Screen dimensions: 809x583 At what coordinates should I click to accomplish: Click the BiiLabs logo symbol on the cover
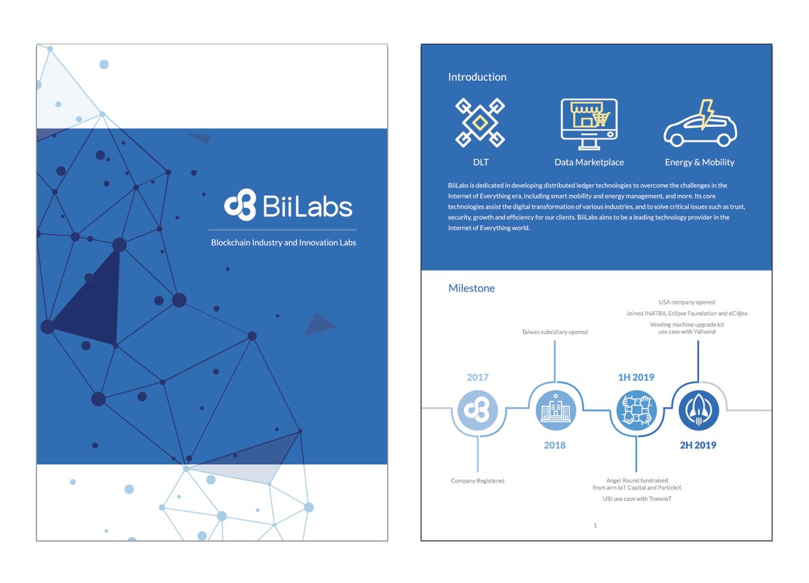(x=240, y=205)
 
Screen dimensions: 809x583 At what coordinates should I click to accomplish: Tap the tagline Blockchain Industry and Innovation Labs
(x=283, y=242)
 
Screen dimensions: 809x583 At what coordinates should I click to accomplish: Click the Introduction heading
(x=477, y=77)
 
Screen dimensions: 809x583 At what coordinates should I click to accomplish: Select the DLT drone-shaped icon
(x=480, y=123)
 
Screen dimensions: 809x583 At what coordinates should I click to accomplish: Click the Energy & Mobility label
(x=699, y=163)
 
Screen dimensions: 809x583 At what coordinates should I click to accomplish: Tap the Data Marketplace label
(x=589, y=163)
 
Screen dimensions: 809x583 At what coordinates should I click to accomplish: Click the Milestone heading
(x=471, y=288)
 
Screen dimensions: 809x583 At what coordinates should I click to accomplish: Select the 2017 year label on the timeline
(x=477, y=378)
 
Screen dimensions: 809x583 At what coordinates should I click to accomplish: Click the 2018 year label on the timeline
(x=554, y=445)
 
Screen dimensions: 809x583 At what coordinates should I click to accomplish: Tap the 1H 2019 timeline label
(x=636, y=378)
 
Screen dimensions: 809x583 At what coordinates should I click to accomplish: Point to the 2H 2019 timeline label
(x=698, y=445)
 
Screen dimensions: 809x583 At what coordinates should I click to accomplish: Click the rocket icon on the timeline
(x=698, y=410)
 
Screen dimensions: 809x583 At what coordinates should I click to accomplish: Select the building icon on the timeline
(x=556, y=410)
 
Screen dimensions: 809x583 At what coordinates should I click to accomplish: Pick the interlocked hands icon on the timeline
(x=636, y=410)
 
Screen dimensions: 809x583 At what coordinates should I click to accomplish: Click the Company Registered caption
(x=477, y=481)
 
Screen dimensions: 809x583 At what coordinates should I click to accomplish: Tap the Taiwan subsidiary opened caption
(x=554, y=332)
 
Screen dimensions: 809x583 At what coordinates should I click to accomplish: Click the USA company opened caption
(x=686, y=302)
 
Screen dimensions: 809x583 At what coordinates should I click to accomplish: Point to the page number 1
(x=595, y=525)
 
